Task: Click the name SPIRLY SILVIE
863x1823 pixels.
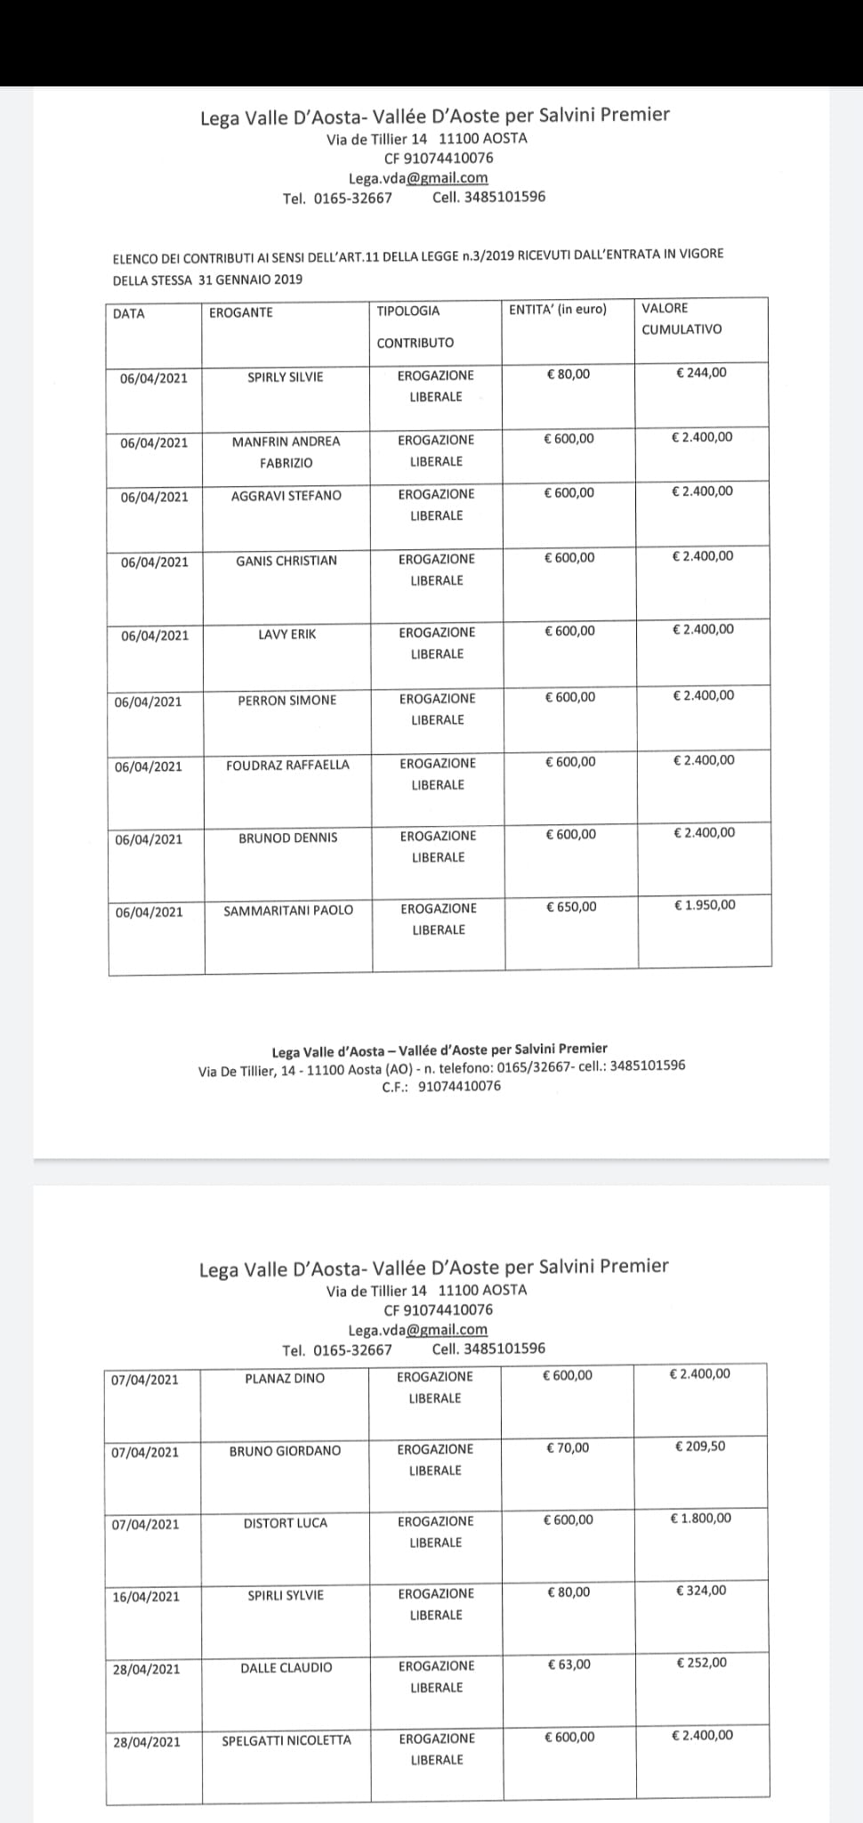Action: [285, 377]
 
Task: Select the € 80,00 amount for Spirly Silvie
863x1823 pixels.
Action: [568, 374]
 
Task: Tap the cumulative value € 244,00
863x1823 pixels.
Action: [701, 373]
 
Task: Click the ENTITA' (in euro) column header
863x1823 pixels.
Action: [558, 310]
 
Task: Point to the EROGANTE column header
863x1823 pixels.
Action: [241, 312]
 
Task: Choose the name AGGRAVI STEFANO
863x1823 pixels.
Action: [286, 496]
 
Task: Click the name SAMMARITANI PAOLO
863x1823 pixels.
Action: [288, 911]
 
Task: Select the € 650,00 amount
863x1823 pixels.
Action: [571, 907]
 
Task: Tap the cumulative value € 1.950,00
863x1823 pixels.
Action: [705, 905]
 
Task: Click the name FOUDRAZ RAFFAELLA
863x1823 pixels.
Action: [287, 766]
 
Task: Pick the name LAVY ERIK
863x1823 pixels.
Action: [286, 635]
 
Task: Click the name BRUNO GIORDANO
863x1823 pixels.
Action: [285, 1451]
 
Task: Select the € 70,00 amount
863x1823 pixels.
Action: [568, 1447]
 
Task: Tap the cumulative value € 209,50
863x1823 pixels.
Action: [700, 1446]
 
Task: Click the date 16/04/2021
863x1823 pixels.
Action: [146, 1597]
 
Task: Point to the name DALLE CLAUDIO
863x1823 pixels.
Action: [286, 1667]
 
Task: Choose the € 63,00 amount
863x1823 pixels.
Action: [569, 1665]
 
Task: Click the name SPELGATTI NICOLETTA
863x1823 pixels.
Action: [286, 1740]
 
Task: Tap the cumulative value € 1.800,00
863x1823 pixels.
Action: [700, 1519]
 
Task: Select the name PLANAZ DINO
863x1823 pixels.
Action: [285, 1379]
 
